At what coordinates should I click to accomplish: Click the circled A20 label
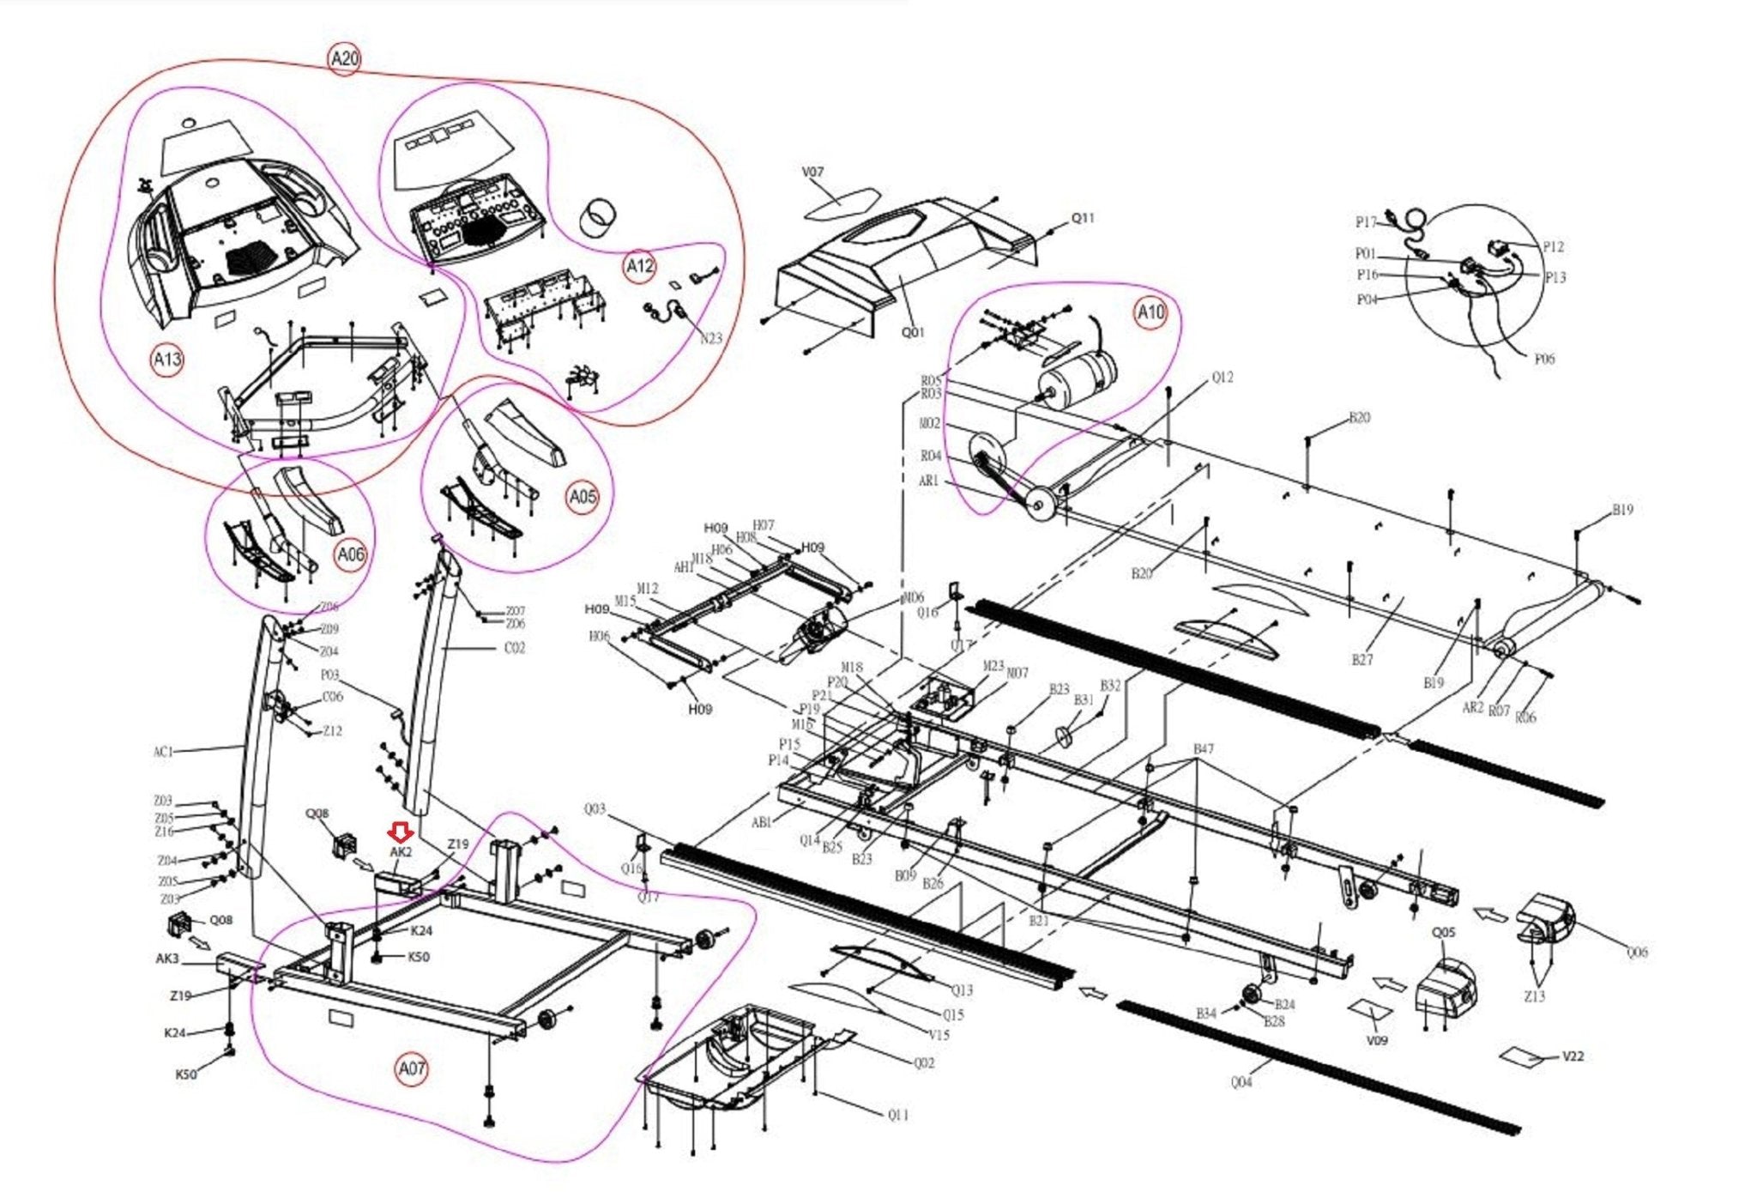pos(344,59)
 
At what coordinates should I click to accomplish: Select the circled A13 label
pos(167,359)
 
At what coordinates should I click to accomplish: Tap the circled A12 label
pos(639,267)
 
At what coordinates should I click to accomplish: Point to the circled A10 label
pos(1150,312)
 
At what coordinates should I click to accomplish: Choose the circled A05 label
pos(583,497)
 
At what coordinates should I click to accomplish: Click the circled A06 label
pos(350,555)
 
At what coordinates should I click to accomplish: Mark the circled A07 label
pos(412,1069)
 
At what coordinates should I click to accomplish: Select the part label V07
pos(812,172)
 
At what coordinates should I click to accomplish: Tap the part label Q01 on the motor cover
pos(913,331)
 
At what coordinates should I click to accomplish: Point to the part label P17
pos(1366,223)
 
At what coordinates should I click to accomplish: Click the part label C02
pos(514,648)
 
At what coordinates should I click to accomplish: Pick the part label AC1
pos(163,752)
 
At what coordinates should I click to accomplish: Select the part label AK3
pos(167,959)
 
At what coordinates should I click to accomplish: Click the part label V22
pos(1573,1056)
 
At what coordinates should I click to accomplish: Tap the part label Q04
pos(1241,1082)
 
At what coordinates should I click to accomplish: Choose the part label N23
pos(710,338)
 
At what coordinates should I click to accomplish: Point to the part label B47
pos(1204,749)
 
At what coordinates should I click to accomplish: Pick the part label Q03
pos(595,809)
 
